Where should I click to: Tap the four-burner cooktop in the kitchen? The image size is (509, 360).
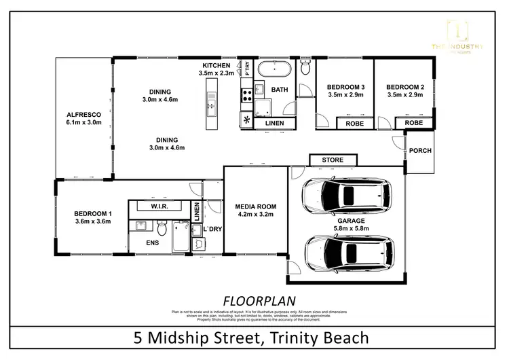(246, 94)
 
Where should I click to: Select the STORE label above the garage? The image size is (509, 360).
(333, 160)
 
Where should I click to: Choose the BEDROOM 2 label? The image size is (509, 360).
(404, 87)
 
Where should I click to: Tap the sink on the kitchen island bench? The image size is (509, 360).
(210, 106)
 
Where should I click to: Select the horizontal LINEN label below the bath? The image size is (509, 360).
(274, 123)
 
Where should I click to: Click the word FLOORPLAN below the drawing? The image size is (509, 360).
(254, 299)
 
